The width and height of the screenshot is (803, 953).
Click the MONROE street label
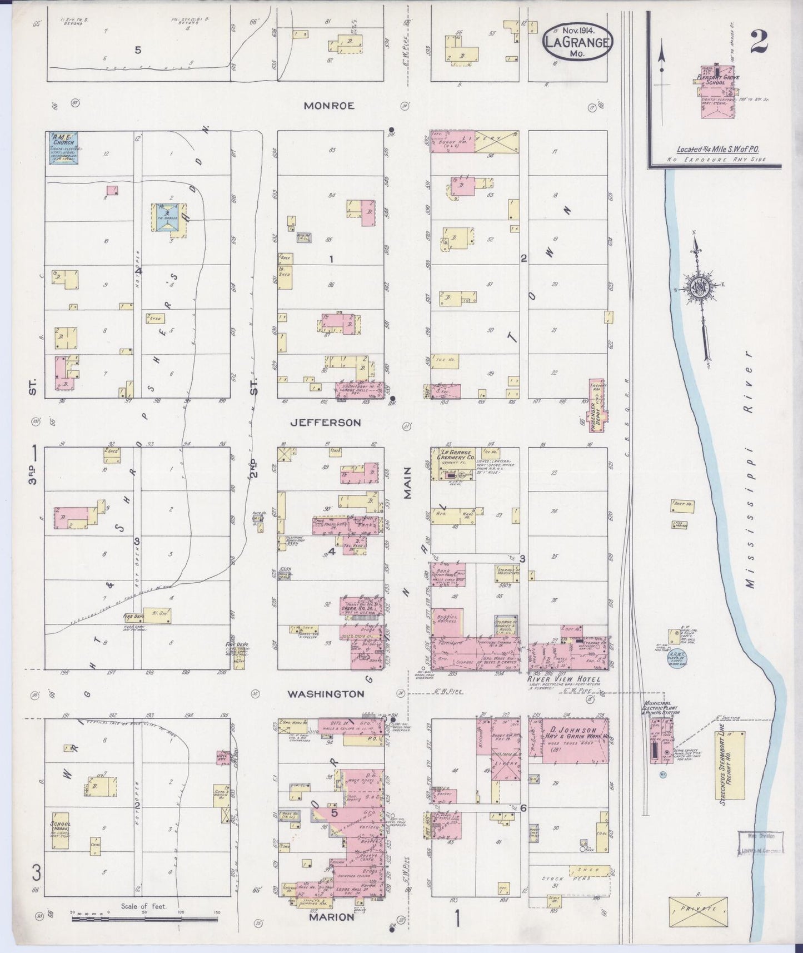click(329, 106)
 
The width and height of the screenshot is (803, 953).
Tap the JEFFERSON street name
click(326, 423)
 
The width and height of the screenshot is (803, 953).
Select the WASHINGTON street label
click(326, 694)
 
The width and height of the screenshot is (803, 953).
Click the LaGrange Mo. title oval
click(577, 41)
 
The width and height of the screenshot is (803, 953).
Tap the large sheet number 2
click(760, 41)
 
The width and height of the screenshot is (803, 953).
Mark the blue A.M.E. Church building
click(62, 148)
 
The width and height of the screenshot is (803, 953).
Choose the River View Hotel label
click(563, 679)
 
